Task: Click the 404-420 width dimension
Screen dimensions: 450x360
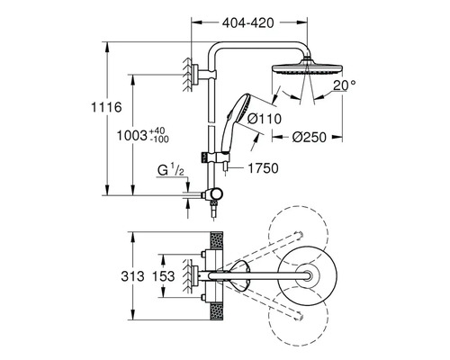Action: tap(247, 22)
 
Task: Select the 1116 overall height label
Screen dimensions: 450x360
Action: tap(106, 107)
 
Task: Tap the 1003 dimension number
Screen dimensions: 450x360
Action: tap(131, 136)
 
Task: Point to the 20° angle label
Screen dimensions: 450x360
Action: tap(345, 85)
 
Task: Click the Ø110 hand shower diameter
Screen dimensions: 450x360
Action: tap(265, 119)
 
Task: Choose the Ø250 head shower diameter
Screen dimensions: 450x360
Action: tap(309, 137)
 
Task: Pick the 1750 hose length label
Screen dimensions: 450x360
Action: tap(263, 168)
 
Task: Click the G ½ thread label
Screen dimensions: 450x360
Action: tap(171, 170)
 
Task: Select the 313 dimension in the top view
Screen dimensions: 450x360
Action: tap(132, 276)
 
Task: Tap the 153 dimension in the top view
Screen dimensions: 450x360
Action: tap(163, 276)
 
